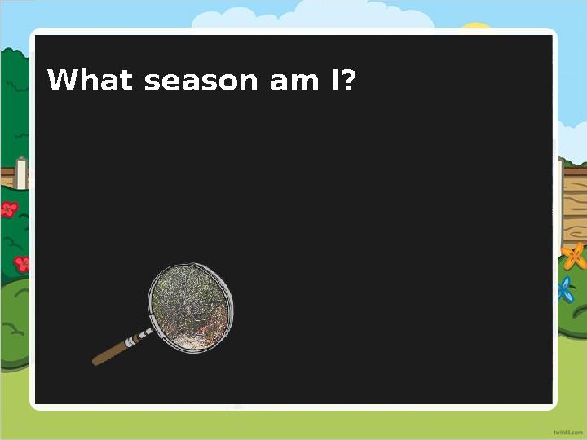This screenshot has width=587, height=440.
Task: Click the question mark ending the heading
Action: pos(349,81)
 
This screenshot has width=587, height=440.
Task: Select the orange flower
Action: pos(574,257)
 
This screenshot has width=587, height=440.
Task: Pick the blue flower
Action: pos(564,289)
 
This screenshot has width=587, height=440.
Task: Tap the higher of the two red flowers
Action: pos(9,209)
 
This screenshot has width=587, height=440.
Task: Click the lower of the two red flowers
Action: pos(22,263)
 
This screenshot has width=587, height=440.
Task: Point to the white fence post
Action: pos(20,174)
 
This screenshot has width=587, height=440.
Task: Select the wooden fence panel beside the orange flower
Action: pos(573,204)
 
